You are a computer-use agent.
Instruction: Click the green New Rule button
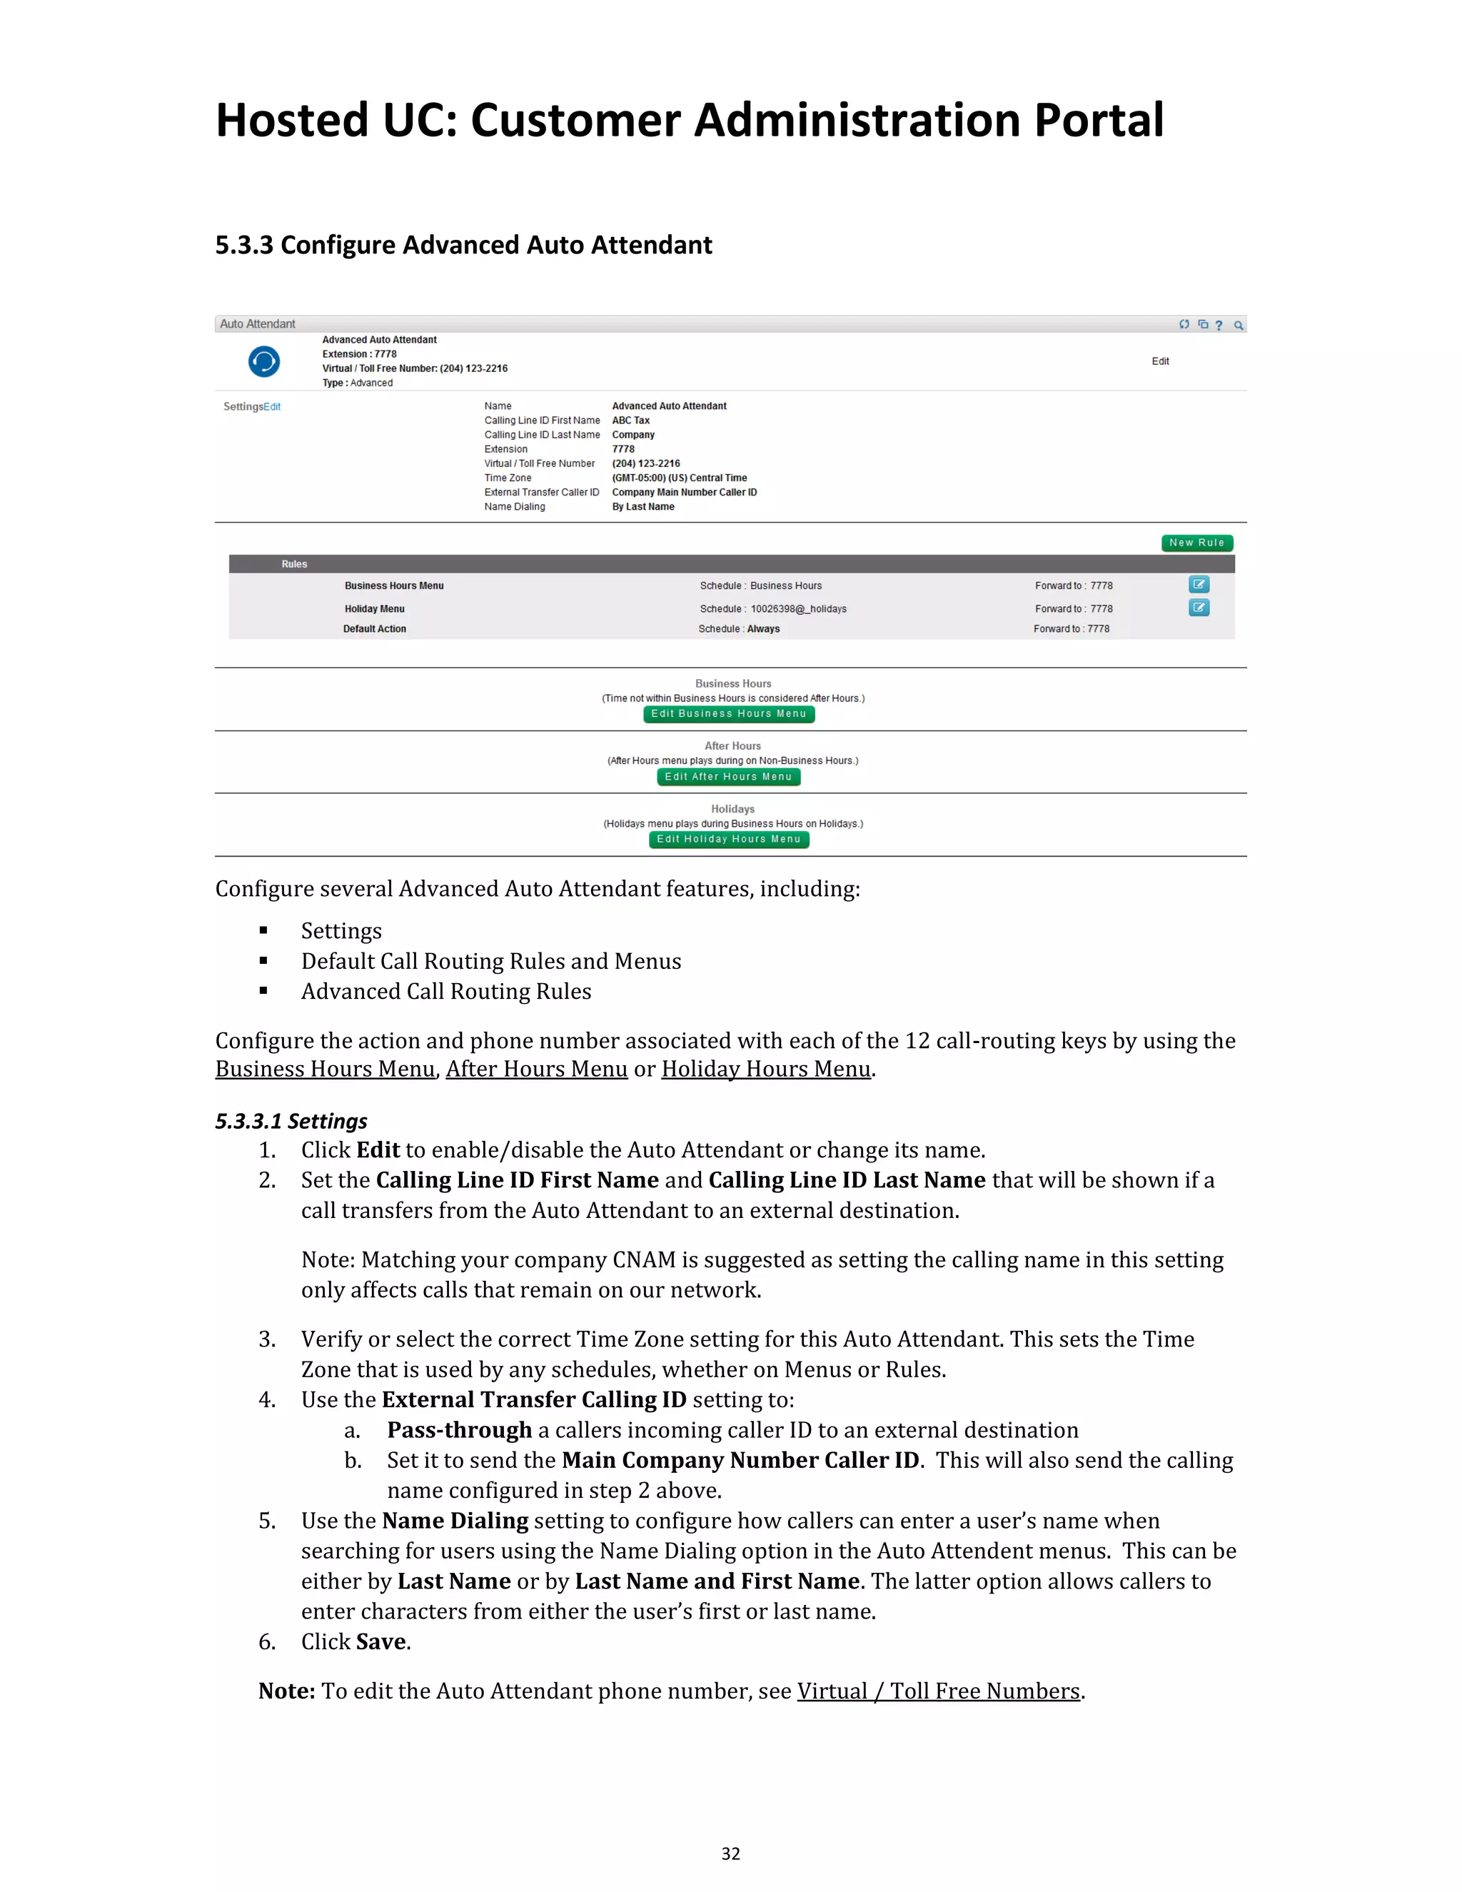[1196, 543]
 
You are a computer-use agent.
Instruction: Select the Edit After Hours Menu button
[727, 777]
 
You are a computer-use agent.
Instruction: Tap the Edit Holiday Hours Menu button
[728, 840]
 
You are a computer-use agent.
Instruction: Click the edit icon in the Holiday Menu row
[1199, 608]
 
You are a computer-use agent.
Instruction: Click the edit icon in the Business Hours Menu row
[1199, 585]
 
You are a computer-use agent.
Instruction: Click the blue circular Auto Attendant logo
[264, 361]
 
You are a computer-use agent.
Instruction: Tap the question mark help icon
[1219, 326]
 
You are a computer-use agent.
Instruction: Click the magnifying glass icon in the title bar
[1239, 326]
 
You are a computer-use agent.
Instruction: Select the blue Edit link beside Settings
[272, 407]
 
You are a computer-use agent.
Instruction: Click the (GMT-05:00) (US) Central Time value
[679, 478]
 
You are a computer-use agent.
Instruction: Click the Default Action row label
[374, 629]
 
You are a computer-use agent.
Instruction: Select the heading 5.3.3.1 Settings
[291, 1121]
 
